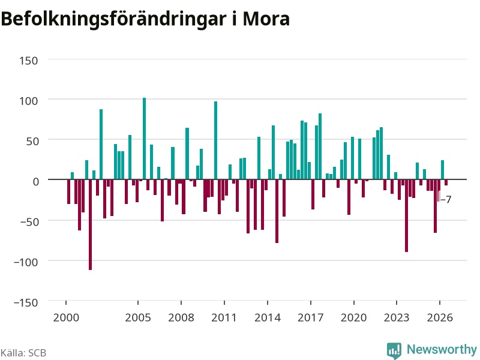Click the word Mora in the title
click(x=266, y=19)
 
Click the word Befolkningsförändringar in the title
click(x=114, y=19)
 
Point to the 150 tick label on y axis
click(x=29, y=61)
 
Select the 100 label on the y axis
click(x=29, y=101)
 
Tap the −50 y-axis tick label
click(x=29, y=221)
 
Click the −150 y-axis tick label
click(x=26, y=302)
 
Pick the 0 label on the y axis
click(x=36, y=182)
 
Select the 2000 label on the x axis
click(x=66, y=317)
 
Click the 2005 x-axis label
click(x=138, y=317)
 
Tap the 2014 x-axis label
click(x=268, y=317)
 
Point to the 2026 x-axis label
click(x=440, y=317)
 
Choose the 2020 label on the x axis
click(x=353, y=317)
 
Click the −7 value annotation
click(x=446, y=200)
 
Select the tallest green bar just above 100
click(x=145, y=139)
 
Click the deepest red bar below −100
click(x=91, y=224)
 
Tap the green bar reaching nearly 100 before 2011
click(x=215, y=140)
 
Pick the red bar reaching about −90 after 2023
click(x=407, y=215)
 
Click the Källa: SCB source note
click(x=23, y=353)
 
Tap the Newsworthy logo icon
click(x=394, y=350)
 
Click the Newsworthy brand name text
click(x=442, y=349)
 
